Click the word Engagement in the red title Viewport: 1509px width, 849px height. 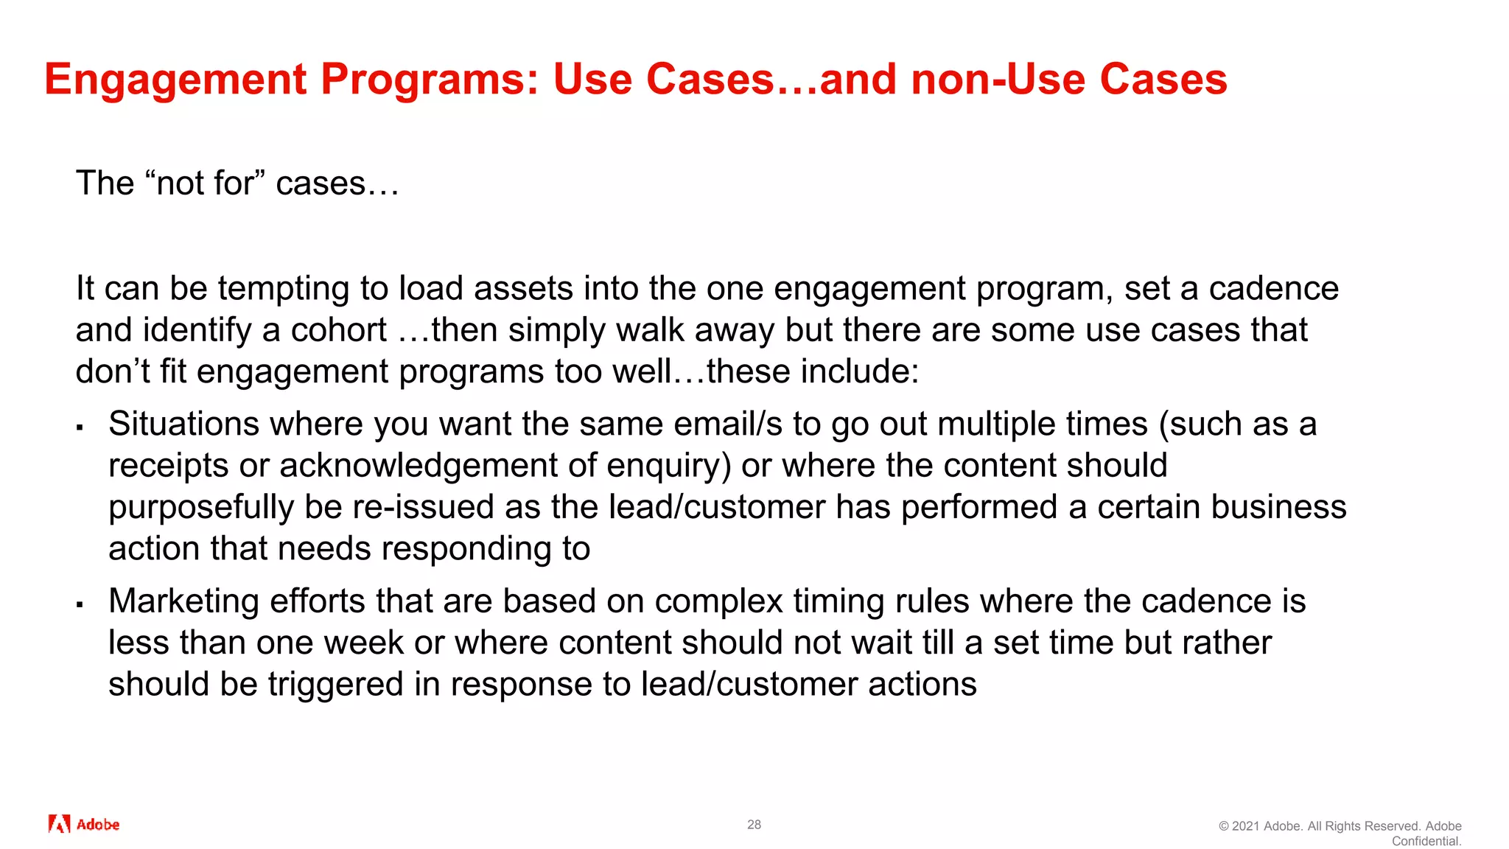pos(175,80)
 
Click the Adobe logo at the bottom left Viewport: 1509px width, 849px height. pos(83,824)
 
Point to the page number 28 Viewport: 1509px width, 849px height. pos(754,825)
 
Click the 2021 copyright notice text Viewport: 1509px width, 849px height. pos(1340,826)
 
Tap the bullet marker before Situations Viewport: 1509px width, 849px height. pos(80,427)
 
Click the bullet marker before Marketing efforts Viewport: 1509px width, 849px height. pos(80,604)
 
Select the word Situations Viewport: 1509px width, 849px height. pos(183,424)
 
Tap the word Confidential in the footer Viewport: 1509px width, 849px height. pos(1426,842)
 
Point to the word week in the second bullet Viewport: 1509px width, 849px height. pos(363,643)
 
